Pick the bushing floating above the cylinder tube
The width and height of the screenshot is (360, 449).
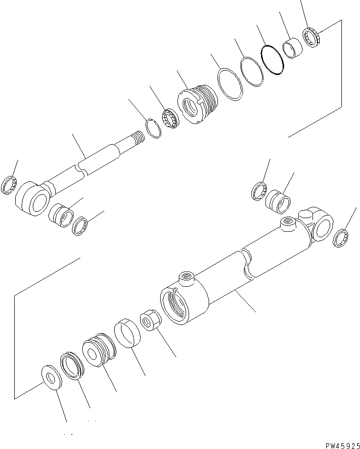tap(279, 200)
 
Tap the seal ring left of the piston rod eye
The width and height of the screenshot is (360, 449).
tap(10, 187)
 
